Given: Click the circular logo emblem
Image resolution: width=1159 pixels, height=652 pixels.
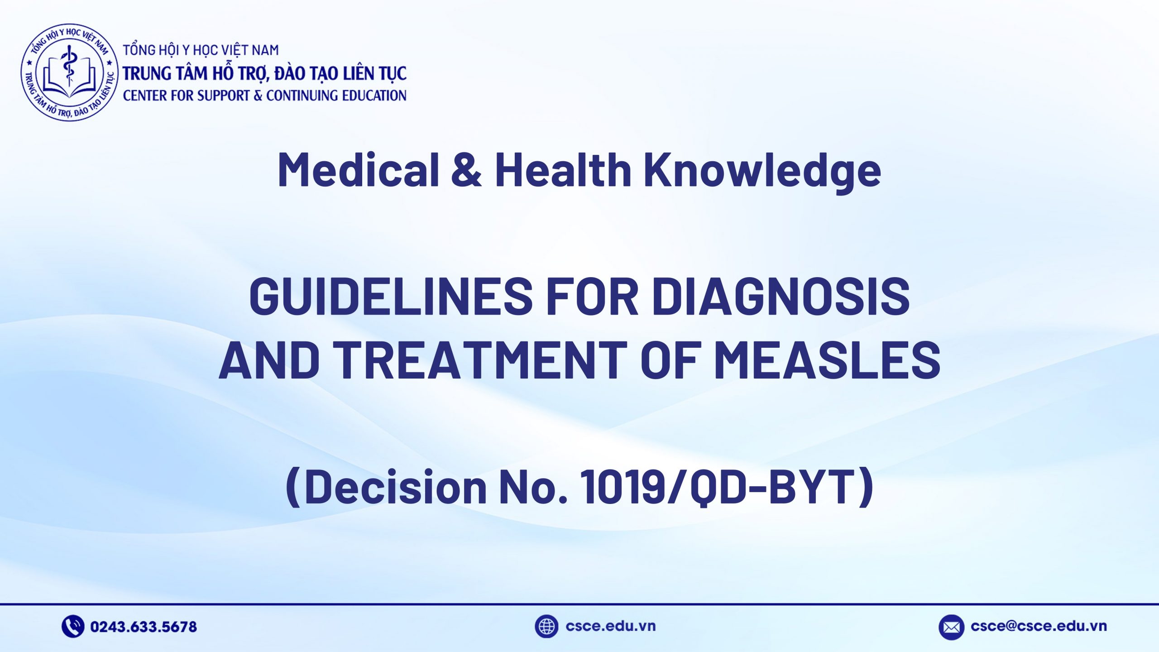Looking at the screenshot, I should coord(69,72).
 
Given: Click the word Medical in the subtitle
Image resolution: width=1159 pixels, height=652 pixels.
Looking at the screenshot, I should coord(358,170).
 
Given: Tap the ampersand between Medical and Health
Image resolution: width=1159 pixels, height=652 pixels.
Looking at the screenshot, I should coord(466,170).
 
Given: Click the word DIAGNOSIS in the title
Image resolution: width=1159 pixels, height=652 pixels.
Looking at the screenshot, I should coord(781,297).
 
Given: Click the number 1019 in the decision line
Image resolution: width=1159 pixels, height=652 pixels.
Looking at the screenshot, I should coord(623,487).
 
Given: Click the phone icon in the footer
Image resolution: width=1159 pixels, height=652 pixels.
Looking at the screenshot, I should coord(72,627).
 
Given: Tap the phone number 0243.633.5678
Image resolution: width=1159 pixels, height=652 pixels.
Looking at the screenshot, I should coord(144,627).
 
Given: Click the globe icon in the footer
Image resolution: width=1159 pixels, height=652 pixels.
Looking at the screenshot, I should coord(546,627).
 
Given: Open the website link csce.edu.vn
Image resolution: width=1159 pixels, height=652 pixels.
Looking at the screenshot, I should coord(610,627).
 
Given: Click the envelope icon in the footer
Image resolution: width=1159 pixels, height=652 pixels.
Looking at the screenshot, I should coord(951,627).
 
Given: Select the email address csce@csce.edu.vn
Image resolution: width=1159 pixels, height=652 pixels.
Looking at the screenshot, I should coord(1039,627).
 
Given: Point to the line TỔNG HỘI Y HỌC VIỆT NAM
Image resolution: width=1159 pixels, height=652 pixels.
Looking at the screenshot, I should coord(201,50).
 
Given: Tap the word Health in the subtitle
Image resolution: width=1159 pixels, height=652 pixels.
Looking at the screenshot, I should coord(563,170).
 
